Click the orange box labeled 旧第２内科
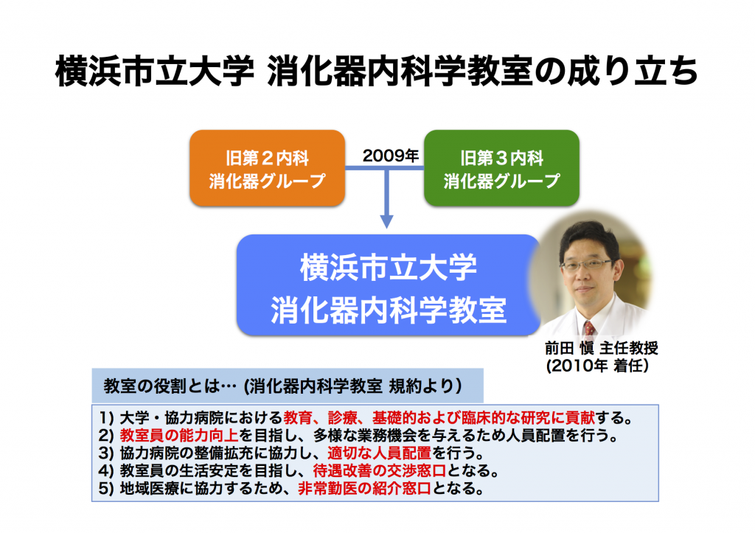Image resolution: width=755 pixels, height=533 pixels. tap(267, 168)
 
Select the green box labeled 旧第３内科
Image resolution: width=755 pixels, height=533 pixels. tap(501, 168)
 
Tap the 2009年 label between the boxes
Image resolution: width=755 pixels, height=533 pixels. tap(390, 156)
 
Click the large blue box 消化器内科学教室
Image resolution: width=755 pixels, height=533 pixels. tap(388, 286)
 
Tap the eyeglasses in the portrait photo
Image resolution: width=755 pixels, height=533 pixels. tap(586, 265)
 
